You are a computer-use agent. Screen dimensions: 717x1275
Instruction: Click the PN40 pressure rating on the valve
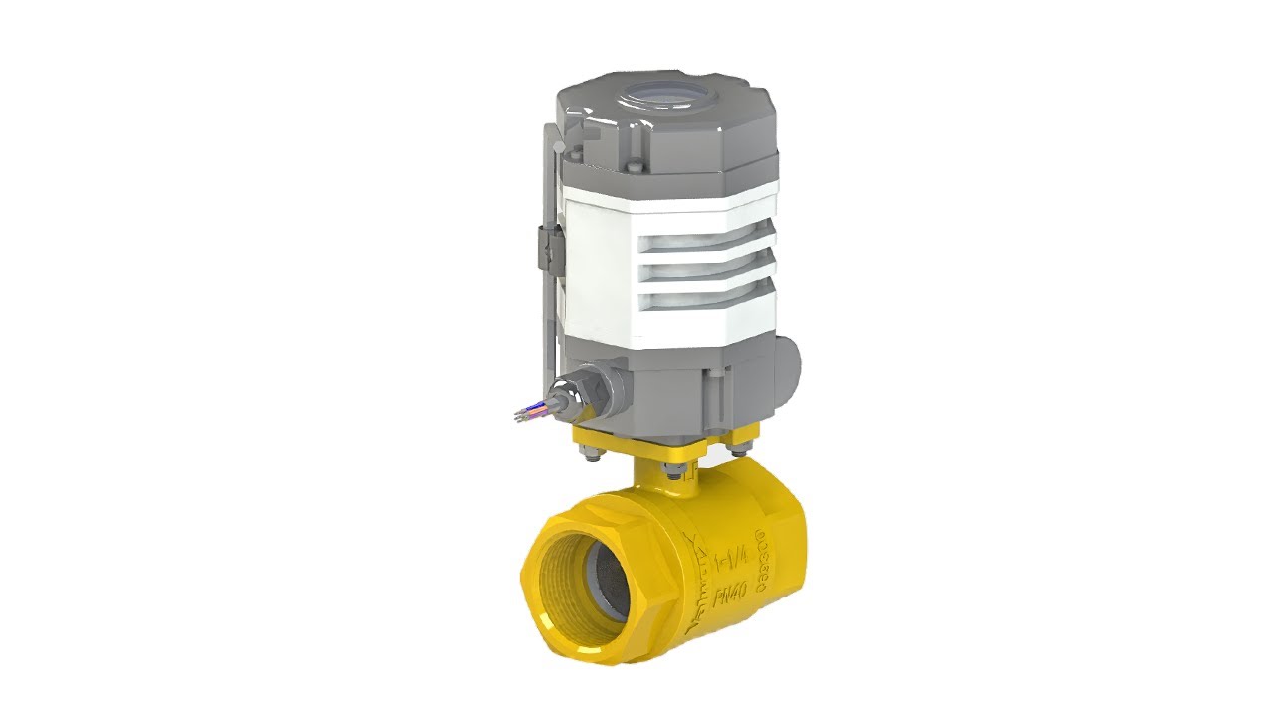tap(731, 596)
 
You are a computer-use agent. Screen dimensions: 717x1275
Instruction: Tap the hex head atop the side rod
tap(561, 146)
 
